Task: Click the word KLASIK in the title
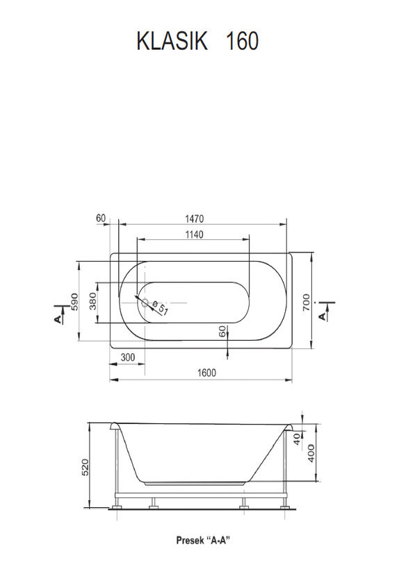tap(172, 41)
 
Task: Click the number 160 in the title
tap(242, 41)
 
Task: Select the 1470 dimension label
tap(195, 219)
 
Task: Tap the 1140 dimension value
tap(194, 234)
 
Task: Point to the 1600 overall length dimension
tap(206, 373)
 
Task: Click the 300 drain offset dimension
tap(128, 357)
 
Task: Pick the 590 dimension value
tap(74, 302)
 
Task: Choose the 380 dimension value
tap(93, 301)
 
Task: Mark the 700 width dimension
tap(306, 302)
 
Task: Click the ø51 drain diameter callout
tap(161, 307)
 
